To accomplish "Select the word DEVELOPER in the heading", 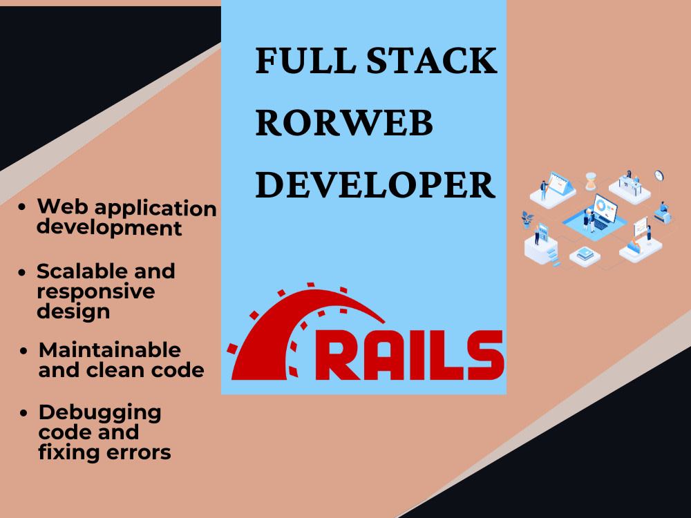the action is [375, 184].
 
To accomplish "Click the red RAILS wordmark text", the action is [409, 355].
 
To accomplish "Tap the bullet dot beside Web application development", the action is [22, 207].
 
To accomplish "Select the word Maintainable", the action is [110, 350].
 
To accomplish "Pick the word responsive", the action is [96, 292].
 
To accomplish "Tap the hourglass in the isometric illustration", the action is [591, 181].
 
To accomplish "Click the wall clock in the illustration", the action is [659, 175].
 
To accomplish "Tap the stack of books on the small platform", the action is [585, 253].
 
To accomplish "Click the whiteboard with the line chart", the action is [641, 227].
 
